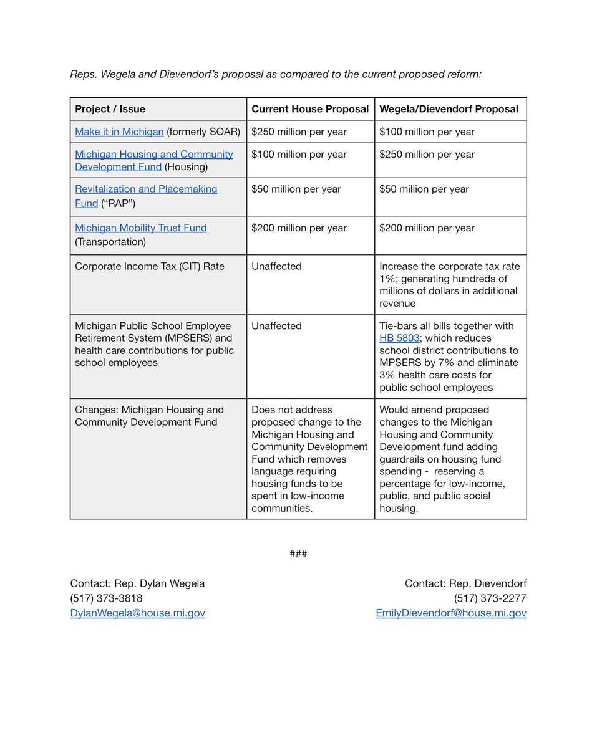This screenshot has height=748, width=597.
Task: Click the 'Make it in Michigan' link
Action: click(x=119, y=132)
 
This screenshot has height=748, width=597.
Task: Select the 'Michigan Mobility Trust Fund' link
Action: click(x=140, y=228)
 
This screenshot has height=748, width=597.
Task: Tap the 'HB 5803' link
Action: click(x=399, y=338)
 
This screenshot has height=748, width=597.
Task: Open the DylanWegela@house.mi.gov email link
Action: click(x=137, y=613)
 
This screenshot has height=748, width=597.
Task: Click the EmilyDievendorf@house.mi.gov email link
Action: click(x=450, y=613)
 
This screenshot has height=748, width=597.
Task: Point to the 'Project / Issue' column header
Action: click(x=110, y=109)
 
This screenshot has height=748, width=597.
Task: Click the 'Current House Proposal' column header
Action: click(x=310, y=109)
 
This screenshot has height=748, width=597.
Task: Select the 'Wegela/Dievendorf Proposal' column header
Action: click(x=449, y=109)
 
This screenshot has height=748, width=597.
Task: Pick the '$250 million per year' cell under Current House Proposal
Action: click(x=299, y=132)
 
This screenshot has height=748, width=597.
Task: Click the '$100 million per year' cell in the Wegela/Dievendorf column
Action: click(x=427, y=132)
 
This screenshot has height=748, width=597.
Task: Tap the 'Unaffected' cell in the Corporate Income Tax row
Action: click(x=276, y=266)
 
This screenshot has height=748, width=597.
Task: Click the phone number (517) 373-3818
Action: click(x=106, y=598)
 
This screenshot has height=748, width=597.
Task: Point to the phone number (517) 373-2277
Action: click(x=490, y=598)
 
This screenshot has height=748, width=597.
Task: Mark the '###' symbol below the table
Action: click(x=298, y=554)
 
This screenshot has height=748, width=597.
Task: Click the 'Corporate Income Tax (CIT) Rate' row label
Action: click(x=149, y=266)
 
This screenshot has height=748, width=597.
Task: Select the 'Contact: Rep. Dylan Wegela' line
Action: click(x=137, y=584)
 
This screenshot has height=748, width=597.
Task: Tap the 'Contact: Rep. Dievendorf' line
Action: click(x=465, y=584)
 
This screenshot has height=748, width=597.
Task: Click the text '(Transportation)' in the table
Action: click(x=110, y=242)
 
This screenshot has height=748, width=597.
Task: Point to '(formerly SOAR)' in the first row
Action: click(x=203, y=132)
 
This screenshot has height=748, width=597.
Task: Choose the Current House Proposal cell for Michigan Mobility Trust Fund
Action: click(x=299, y=228)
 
